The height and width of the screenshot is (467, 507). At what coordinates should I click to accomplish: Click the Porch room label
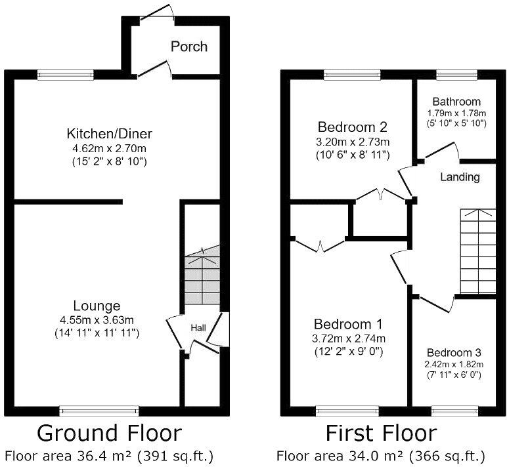tap(188, 47)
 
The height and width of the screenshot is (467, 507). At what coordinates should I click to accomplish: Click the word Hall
tap(198, 327)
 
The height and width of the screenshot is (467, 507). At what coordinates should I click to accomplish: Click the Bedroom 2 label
tap(353, 127)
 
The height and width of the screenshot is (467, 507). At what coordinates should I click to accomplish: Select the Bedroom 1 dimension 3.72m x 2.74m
tap(349, 338)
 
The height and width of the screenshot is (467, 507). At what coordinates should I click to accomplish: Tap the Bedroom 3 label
tap(453, 352)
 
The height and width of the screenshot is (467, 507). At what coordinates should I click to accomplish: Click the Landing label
tap(460, 177)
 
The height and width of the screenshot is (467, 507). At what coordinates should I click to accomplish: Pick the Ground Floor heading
tap(108, 434)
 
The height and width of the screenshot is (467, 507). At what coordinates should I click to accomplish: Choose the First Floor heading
tap(381, 434)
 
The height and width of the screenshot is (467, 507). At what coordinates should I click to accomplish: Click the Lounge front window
tap(99, 411)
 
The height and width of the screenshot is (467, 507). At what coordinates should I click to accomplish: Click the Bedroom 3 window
tap(453, 411)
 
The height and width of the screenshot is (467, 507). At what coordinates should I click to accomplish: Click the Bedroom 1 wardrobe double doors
tap(320, 245)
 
